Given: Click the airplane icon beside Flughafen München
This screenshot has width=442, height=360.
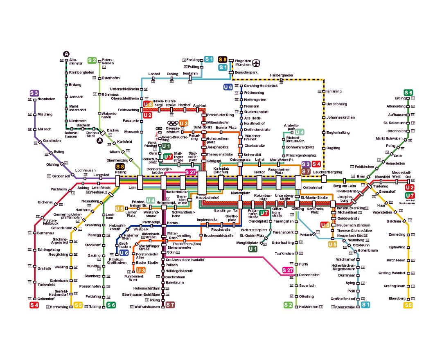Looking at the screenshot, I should pyautogui.click(x=257, y=63).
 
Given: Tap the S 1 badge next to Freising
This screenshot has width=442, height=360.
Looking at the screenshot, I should pyautogui.click(x=209, y=59).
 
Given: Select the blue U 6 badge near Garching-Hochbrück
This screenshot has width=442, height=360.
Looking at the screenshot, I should pyautogui.click(x=228, y=87).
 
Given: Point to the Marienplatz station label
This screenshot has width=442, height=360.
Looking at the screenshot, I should pyautogui.click(x=240, y=193).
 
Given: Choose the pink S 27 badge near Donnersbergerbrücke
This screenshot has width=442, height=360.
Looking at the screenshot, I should pyautogui.click(x=191, y=172).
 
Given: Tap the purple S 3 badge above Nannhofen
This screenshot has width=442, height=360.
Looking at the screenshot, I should pyautogui.click(x=34, y=93).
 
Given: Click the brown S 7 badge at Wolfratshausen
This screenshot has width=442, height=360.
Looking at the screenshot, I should pyautogui.click(x=170, y=305).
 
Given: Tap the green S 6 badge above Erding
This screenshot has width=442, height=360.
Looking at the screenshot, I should pyautogui.click(x=408, y=92).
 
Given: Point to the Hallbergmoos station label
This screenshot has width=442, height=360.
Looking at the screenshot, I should pyautogui.click(x=281, y=75).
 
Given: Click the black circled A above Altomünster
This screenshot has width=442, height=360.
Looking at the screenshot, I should pyautogui.click(x=67, y=54).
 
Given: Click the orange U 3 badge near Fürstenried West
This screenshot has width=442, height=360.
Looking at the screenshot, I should pyautogui.click(x=141, y=270).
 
